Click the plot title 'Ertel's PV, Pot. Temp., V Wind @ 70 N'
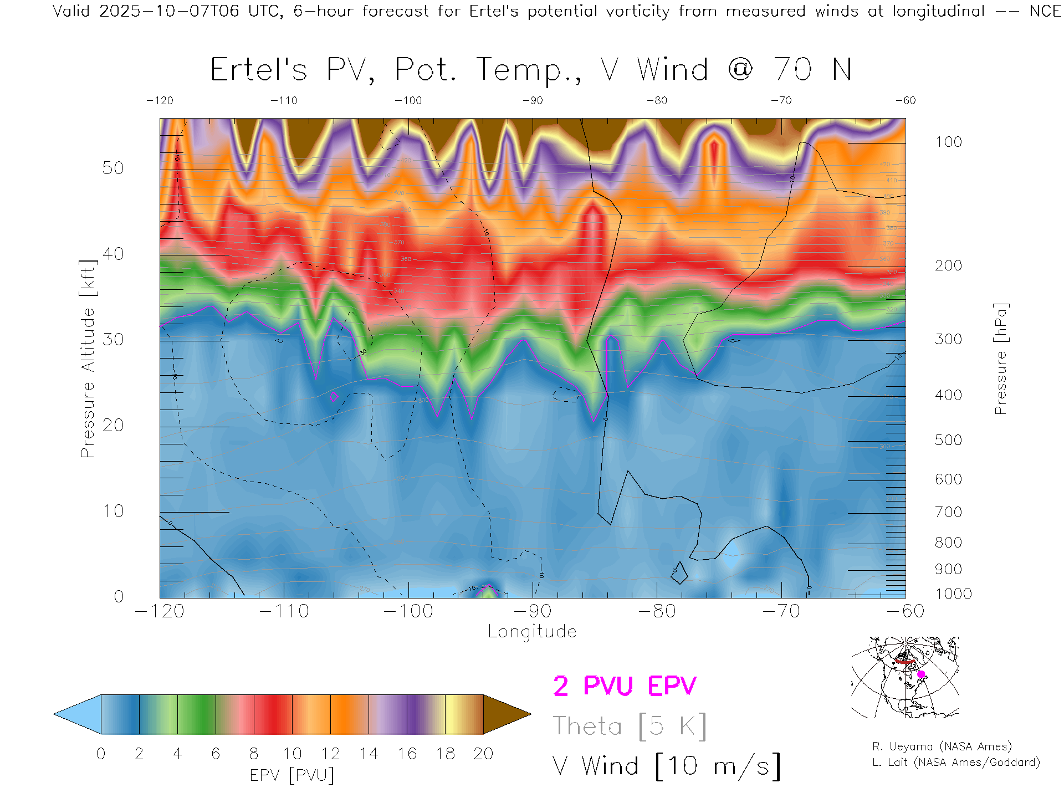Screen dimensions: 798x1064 pyautogui.click(x=531, y=70)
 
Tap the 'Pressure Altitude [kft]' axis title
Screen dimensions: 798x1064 pyautogui.click(x=88, y=359)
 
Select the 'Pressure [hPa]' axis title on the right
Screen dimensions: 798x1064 pyautogui.click(x=1000, y=359)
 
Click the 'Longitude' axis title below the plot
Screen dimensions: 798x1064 pyautogui.click(x=532, y=631)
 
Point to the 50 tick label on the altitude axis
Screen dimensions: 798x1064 pyautogui.click(x=112, y=168)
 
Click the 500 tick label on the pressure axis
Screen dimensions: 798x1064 pyautogui.click(x=948, y=440)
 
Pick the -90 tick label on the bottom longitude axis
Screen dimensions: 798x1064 pyautogui.click(x=532, y=611)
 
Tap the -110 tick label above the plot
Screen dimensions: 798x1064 pyautogui.click(x=284, y=100)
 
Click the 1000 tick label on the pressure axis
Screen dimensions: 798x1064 pyautogui.click(x=953, y=594)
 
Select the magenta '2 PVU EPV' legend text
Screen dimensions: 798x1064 pyautogui.click(x=625, y=686)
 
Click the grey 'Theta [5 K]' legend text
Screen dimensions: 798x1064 pyautogui.click(x=630, y=726)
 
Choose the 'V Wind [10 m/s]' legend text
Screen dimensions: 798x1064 pyautogui.click(x=666, y=766)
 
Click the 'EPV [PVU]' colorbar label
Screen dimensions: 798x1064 pyautogui.click(x=292, y=775)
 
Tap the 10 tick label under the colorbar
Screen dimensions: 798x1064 pyautogui.click(x=292, y=754)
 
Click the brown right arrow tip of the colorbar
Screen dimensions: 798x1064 pyautogui.click(x=507, y=714)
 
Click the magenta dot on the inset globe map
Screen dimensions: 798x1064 pyautogui.click(x=921, y=674)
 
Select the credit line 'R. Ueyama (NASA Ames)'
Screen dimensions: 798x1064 pyautogui.click(x=942, y=746)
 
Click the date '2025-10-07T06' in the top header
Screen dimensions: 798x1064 pyautogui.click(x=169, y=11)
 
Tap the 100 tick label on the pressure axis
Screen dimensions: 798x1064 pyautogui.click(x=948, y=142)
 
